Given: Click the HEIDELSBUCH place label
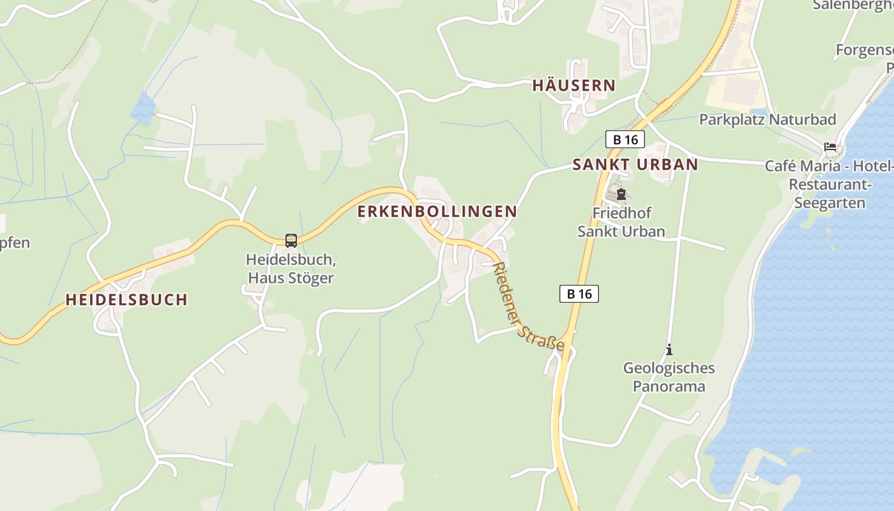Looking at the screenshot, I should (x=126, y=300).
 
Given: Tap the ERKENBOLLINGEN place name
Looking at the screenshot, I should (x=437, y=211).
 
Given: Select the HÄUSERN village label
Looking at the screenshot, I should (x=573, y=86).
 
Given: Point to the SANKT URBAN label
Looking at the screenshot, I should (x=635, y=165).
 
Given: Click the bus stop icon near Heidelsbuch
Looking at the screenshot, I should (x=291, y=241).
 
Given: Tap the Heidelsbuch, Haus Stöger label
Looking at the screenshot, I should (x=291, y=269).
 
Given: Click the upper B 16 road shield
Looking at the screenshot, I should (x=625, y=139).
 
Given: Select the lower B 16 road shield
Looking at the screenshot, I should (x=579, y=294).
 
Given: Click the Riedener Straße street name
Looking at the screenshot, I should (x=529, y=307).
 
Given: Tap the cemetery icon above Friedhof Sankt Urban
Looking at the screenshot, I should (x=621, y=194).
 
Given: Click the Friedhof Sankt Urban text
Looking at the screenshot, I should (x=621, y=222).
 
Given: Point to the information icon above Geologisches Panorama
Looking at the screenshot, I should (x=669, y=349).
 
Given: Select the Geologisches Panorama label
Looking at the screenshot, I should (x=669, y=377).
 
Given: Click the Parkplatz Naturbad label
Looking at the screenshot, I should (x=767, y=119).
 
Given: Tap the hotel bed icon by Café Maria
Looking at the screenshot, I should (x=830, y=147).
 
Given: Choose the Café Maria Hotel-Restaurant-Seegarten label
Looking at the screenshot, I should (x=829, y=185).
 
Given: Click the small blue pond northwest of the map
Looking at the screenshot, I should (x=143, y=109).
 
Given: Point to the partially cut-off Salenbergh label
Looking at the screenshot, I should (x=852, y=5).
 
